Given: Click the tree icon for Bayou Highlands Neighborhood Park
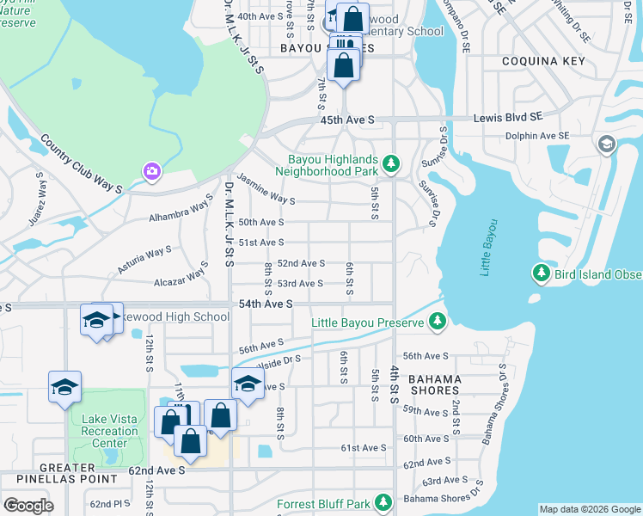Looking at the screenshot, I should (x=391, y=163).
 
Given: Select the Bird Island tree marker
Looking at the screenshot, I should (x=541, y=273).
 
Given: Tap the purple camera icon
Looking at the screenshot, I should (x=152, y=172).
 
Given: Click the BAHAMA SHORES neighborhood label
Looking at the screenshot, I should (x=434, y=384).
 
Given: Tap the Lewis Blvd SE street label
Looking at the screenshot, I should (x=512, y=117).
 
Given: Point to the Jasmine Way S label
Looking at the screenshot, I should (x=266, y=190).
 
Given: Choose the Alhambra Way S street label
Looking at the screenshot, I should (x=180, y=212).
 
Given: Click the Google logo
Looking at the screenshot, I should (x=28, y=506).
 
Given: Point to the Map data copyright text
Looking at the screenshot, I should (x=589, y=509).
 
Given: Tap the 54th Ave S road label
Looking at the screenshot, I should (x=266, y=304).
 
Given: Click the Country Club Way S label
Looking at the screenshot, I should (x=83, y=163).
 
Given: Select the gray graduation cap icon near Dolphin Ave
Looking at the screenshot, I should (x=607, y=144).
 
